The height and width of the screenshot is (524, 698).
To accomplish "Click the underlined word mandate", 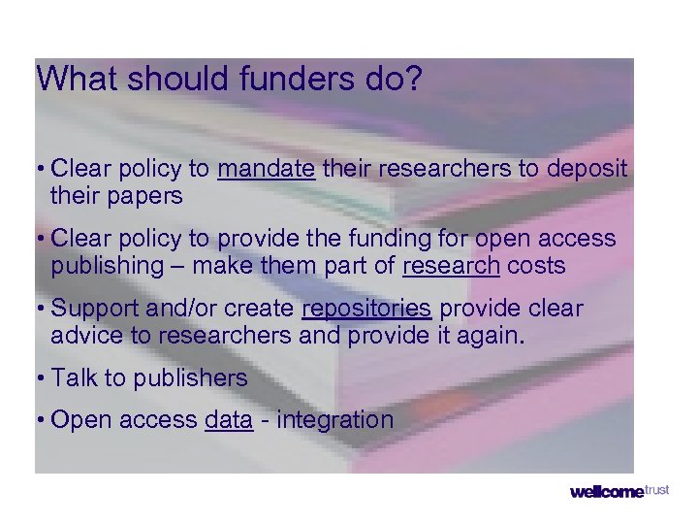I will pyautogui.click(x=267, y=169).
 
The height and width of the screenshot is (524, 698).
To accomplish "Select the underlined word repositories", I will pyautogui.click(x=366, y=309).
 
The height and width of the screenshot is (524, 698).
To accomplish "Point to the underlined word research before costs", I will pyautogui.click(x=450, y=266).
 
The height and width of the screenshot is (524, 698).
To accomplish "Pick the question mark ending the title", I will pyautogui.click(x=415, y=80).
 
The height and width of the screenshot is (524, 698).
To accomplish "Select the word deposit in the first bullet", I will pyautogui.click(x=587, y=169).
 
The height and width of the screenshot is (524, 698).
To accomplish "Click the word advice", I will pyautogui.click(x=85, y=336).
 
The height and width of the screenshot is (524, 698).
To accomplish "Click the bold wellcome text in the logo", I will pyautogui.click(x=606, y=492).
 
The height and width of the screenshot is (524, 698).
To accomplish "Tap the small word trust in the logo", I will pyautogui.click(x=656, y=489).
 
